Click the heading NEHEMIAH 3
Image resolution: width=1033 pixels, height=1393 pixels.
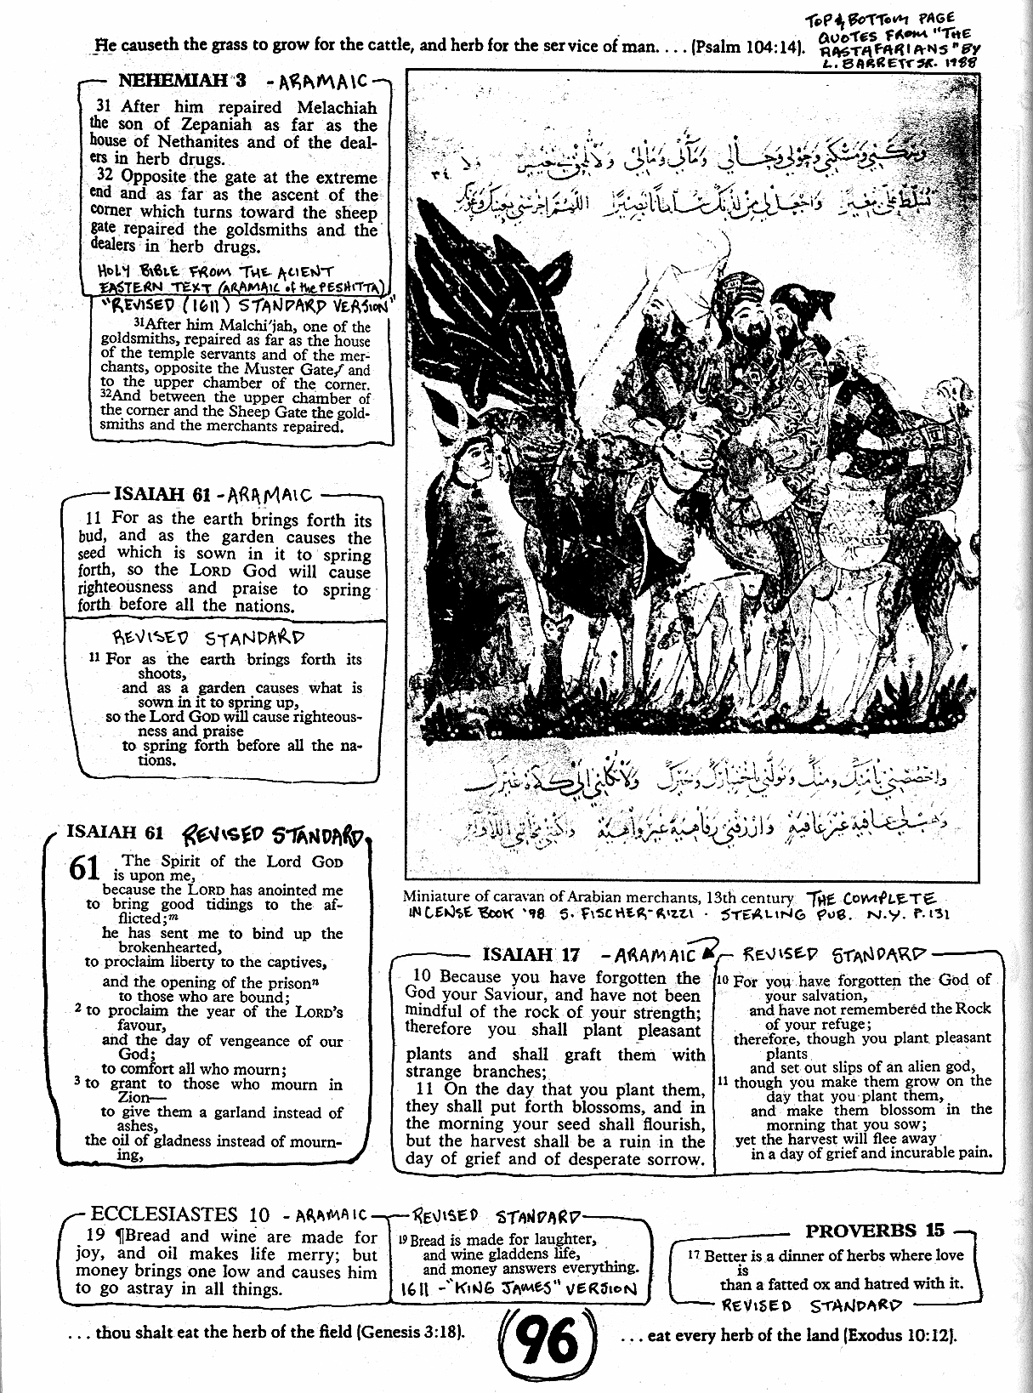pos(182,81)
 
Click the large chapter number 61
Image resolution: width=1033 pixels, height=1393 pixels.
pos(85,870)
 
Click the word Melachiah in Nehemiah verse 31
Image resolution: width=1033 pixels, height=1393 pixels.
pos(334,108)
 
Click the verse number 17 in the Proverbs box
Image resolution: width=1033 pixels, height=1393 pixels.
pos(693,1255)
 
